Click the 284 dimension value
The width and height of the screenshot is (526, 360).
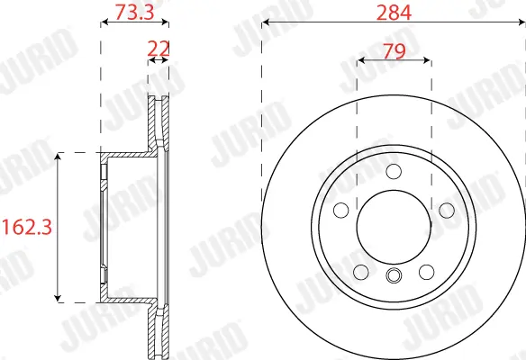[394, 13]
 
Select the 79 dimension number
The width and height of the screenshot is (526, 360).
[394, 51]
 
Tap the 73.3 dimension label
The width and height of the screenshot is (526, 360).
[134, 12]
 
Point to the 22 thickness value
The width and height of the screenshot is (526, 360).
[159, 49]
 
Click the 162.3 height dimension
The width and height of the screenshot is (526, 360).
[27, 227]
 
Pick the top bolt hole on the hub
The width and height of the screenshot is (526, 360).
[394, 172]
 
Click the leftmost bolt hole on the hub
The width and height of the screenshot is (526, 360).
[341, 211]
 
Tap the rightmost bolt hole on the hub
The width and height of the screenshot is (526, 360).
[447, 211]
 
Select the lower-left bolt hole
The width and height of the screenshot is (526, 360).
[361, 272]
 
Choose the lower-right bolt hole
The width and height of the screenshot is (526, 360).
[426, 272]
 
